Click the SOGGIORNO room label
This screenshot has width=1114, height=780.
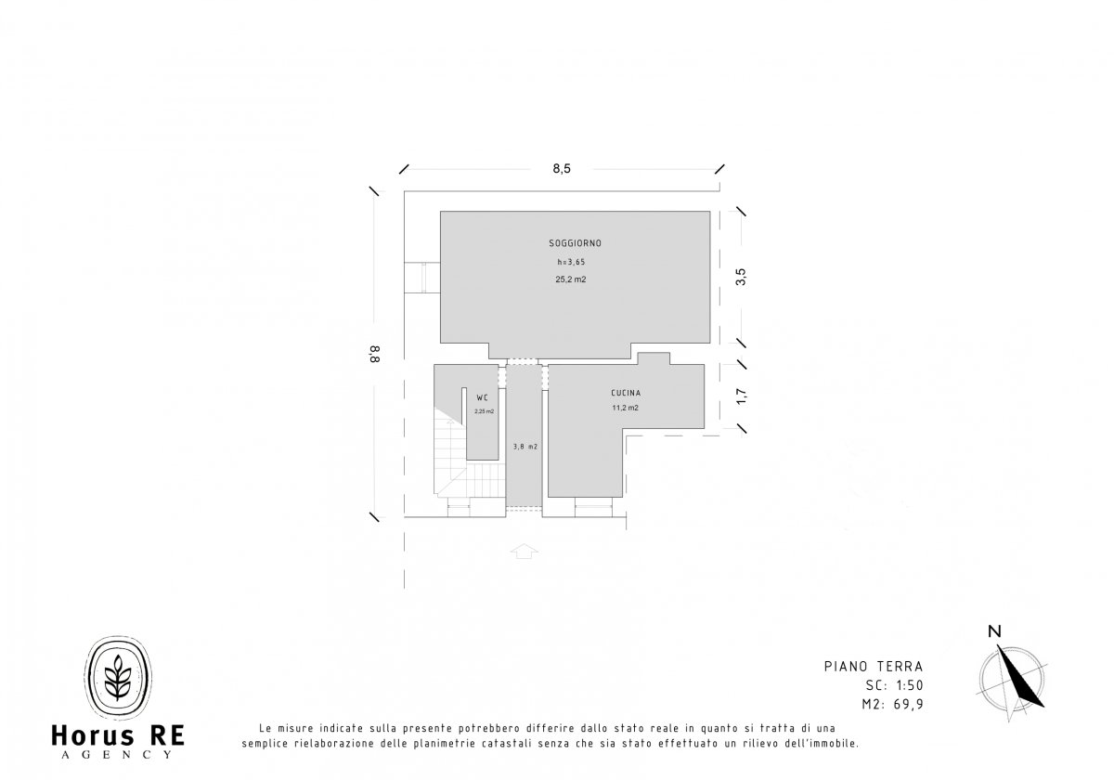point(575,243)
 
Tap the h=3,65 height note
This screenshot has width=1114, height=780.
point(571,262)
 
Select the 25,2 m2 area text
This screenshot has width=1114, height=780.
point(570,279)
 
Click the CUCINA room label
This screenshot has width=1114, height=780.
point(626,393)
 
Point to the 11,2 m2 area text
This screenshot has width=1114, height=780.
point(625,408)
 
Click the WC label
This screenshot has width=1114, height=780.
point(482,398)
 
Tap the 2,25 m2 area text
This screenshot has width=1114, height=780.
point(484,411)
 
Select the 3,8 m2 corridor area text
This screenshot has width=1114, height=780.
point(525,447)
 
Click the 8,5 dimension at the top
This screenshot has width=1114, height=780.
point(562,169)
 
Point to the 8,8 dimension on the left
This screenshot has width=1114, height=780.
point(374,354)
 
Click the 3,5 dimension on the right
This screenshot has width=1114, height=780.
point(741,277)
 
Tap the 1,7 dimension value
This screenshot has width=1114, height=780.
point(741,396)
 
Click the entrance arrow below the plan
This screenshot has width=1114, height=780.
point(525,552)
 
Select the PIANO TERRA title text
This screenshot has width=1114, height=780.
point(874,667)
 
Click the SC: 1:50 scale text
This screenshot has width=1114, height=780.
point(894,685)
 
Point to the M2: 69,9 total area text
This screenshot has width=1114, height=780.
point(892,705)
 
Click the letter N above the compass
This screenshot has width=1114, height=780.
point(994,631)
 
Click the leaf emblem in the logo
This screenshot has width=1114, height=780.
point(118,677)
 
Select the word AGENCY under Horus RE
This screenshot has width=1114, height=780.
point(117,755)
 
